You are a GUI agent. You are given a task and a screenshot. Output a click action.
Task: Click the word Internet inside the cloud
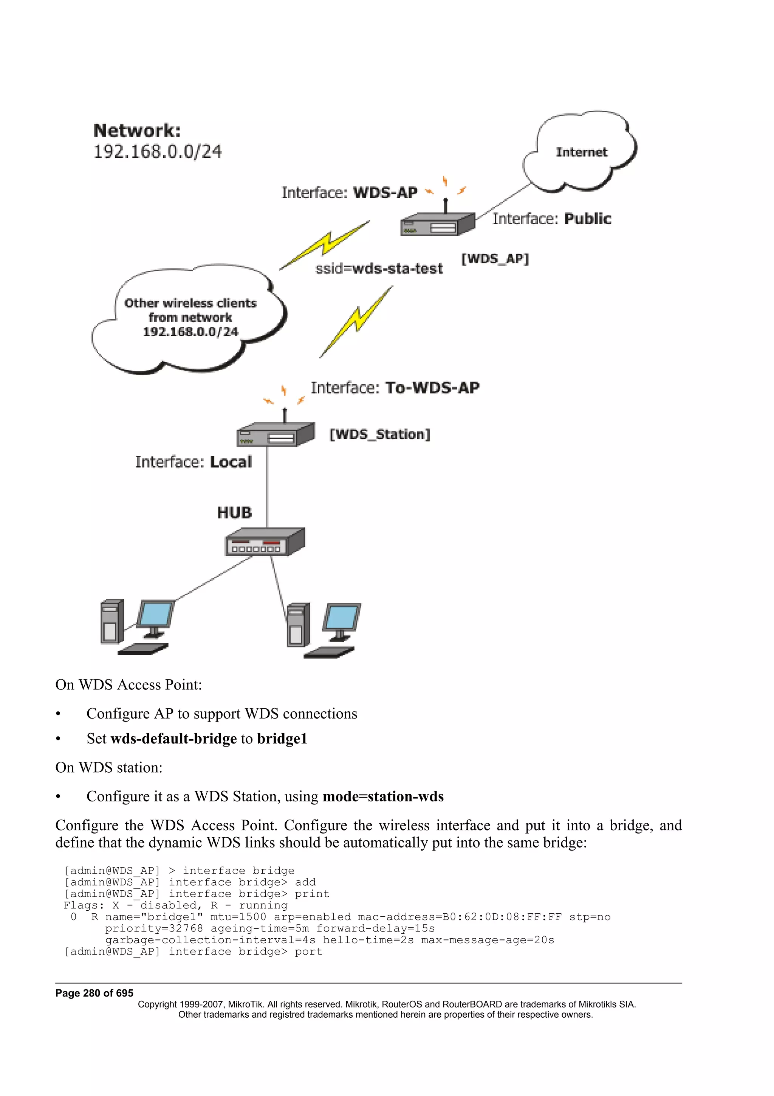coord(581,152)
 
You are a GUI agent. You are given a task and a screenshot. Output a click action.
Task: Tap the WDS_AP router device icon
coord(437,224)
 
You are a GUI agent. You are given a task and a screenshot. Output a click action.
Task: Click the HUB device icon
coord(264,542)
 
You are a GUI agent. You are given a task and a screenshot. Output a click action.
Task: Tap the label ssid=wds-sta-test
coord(379,269)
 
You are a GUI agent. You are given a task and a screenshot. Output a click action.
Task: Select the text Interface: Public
coord(551,219)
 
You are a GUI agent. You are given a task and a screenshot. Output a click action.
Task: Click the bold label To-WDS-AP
coord(432,388)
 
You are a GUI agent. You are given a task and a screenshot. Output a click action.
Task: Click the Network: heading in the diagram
coord(137,130)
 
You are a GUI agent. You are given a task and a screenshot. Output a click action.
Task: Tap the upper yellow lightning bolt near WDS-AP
coord(325,244)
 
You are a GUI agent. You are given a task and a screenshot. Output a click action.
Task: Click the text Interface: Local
coord(193,462)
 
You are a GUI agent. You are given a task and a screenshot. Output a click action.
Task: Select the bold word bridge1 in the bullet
coord(282,739)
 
